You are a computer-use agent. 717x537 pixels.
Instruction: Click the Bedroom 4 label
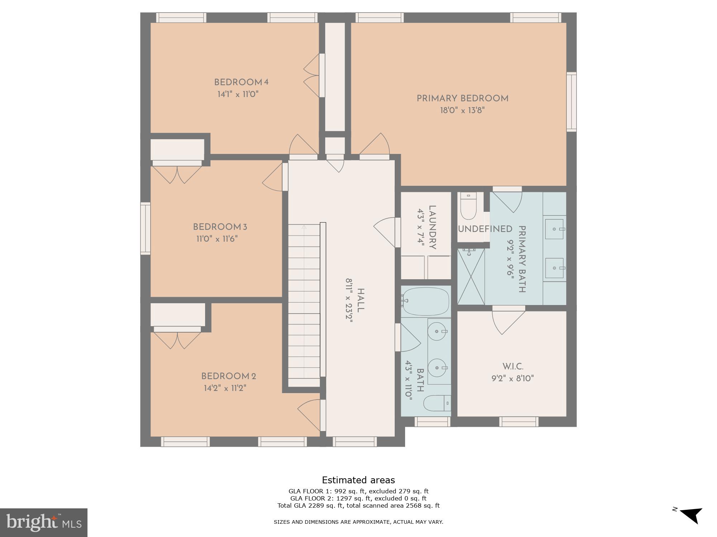click(x=241, y=82)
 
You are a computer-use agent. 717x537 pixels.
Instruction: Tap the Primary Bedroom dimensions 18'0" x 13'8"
click(x=462, y=110)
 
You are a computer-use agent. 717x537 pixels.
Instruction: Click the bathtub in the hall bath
click(x=426, y=301)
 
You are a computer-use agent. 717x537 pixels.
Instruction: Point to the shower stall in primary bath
click(x=471, y=276)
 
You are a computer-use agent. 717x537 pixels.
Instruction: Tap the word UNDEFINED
click(x=485, y=229)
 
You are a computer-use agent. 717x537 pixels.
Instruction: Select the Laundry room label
click(x=432, y=227)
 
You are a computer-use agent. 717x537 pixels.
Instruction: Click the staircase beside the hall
click(x=304, y=304)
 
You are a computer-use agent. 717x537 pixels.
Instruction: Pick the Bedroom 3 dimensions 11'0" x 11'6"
click(x=217, y=239)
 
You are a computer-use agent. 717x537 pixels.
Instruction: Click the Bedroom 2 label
click(x=228, y=376)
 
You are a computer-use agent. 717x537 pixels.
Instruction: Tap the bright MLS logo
click(x=44, y=523)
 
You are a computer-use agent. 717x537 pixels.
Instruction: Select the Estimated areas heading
click(x=358, y=480)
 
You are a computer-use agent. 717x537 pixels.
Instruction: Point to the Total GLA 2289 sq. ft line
click(x=358, y=505)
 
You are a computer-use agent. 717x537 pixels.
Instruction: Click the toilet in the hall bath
click(x=437, y=403)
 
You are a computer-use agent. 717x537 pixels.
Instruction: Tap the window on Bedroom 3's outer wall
click(x=145, y=228)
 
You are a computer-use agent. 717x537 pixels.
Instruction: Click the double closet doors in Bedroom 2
click(x=177, y=340)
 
